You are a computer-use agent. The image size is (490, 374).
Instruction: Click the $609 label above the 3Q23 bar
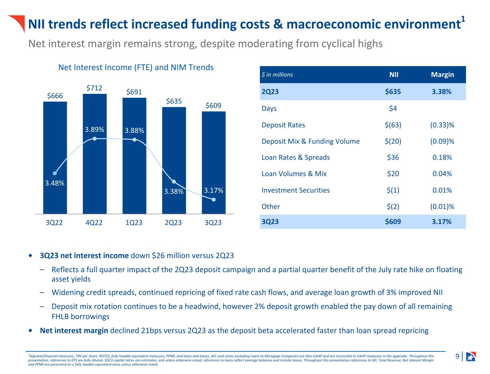click(213, 105)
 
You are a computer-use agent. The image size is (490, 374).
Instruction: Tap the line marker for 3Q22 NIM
click(55, 173)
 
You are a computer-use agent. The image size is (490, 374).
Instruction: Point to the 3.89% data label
click(94, 129)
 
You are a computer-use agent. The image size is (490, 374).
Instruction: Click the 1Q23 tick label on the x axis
click(134, 223)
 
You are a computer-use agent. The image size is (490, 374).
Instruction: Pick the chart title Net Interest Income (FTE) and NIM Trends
click(136, 68)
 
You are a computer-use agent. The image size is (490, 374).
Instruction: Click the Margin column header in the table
click(442, 75)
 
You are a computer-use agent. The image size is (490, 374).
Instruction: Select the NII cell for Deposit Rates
click(393, 125)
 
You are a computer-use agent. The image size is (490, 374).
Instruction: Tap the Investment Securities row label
click(295, 190)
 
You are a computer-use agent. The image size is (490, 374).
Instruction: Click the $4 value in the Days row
click(393, 109)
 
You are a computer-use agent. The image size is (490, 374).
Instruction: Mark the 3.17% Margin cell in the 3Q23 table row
click(442, 222)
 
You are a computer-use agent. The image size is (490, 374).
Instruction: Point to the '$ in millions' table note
click(277, 75)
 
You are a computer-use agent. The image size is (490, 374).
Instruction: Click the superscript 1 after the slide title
click(463, 19)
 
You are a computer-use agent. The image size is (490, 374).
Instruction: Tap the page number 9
click(457, 356)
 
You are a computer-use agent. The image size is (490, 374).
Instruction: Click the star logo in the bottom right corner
click(471, 356)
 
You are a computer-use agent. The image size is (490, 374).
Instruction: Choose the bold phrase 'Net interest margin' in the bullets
click(74, 330)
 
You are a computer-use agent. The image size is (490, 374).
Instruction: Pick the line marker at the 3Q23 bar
click(214, 200)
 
